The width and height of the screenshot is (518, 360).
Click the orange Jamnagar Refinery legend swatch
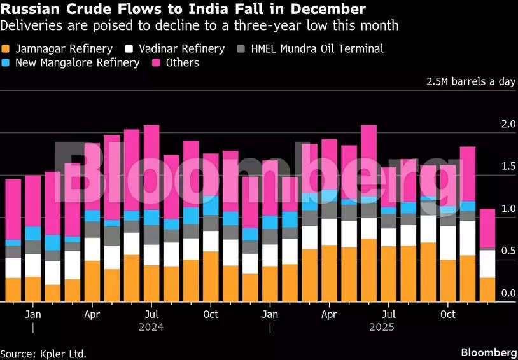point(6,49)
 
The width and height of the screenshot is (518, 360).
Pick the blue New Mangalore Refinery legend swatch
point(6,63)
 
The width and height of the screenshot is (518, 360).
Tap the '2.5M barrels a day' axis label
point(472,81)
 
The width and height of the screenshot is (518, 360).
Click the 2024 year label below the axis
point(151,327)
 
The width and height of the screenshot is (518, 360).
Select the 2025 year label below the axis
point(381,327)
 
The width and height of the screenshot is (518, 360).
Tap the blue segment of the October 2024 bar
point(211,205)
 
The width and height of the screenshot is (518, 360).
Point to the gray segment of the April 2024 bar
point(92,230)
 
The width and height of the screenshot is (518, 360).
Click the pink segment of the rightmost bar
point(487,228)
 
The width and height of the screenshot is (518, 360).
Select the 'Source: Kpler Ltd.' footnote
point(43,353)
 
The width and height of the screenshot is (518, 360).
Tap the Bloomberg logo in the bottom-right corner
point(488,352)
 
